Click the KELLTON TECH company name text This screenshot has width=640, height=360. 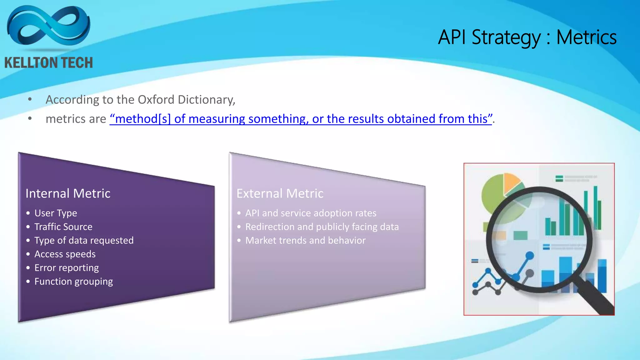pyautogui.click(x=49, y=63)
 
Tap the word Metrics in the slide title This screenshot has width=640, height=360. pyautogui.click(x=586, y=37)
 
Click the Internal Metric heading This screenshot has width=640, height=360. pyautogui.click(x=68, y=193)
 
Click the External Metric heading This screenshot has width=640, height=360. pyautogui.click(x=280, y=193)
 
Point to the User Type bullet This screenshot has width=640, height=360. pyautogui.click(x=56, y=213)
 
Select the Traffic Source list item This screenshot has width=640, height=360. pyautogui.click(x=63, y=227)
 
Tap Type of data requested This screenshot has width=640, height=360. pyautogui.click(x=84, y=240)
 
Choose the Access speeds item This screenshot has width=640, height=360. pyautogui.click(x=65, y=254)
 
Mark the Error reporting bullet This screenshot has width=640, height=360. pyautogui.click(x=66, y=268)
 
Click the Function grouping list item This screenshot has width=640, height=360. pyautogui.click(x=73, y=282)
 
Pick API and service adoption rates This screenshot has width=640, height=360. pyautogui.click(x=311, y=213)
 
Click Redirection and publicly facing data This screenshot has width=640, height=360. pyautogui.click(x=322, y=227)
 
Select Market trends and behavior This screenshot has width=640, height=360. pyautogui.click(x=305, y=240)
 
